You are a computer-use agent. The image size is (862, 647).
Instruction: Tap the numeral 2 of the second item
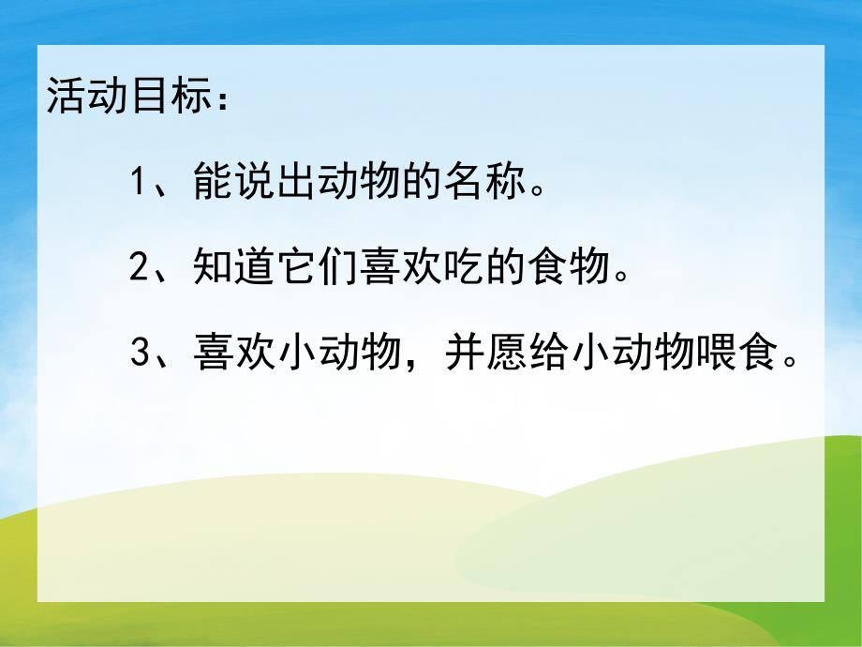[x=140, y=270]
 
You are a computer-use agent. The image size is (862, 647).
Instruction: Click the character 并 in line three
[x=465, y=356]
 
